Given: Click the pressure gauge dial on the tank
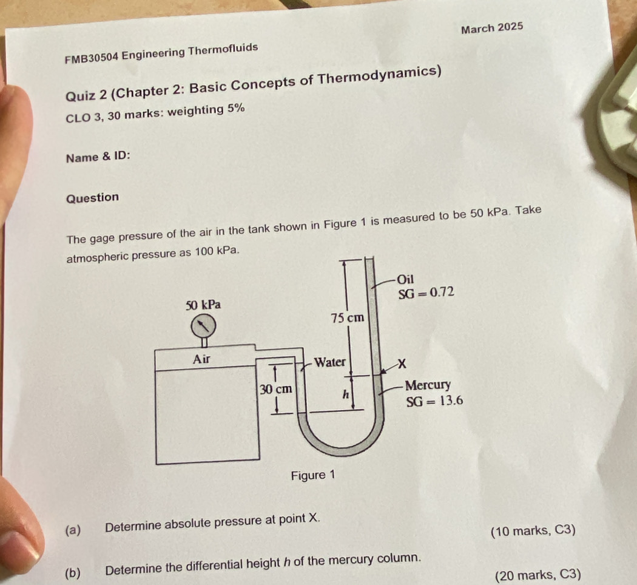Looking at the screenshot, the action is tap(203, 326).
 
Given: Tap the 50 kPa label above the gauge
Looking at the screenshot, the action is tap(203, 305).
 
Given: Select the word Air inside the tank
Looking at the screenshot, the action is tap(201, 359).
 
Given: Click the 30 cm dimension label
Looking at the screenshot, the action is tap(276, 389).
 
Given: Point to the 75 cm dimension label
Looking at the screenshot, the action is tap(348, 318).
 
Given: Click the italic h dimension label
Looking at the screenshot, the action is tap(346, 394).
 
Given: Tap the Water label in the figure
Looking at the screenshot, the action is tap(330, 362).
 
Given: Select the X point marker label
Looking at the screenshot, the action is tap(402, 364).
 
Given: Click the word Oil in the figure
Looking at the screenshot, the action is tap(405, 279).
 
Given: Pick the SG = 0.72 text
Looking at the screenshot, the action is tap(426, 292).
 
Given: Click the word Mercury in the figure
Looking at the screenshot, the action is tap(428, 384).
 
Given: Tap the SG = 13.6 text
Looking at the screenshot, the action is tap(434, 401).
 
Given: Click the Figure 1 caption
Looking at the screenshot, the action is tap(313, 475).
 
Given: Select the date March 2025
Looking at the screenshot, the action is tap(492, 28).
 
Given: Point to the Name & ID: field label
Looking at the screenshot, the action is tap(98, 157).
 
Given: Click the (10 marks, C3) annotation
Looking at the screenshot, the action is tap(533, 530).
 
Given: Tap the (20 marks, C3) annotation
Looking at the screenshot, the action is tap(538, 575).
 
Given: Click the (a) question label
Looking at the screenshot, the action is tap(73, 530).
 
